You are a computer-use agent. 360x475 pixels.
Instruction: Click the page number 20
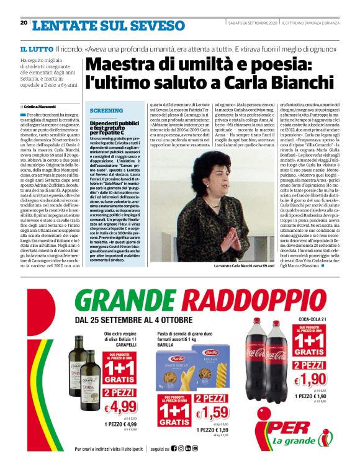coord(24,23)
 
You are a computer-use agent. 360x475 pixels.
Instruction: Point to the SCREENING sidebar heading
coord(107,110)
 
